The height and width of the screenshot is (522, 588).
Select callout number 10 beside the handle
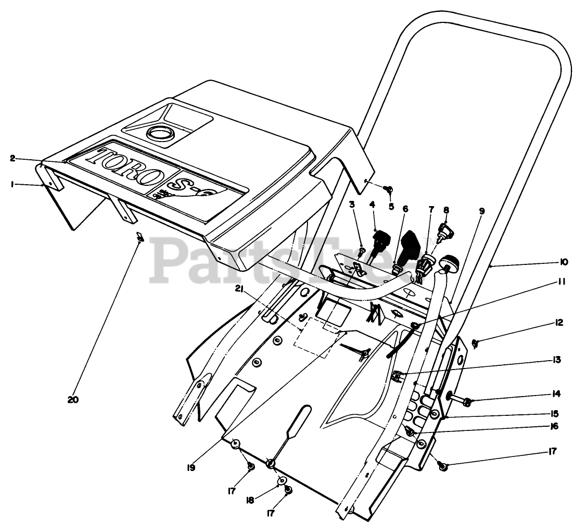pos(564,262)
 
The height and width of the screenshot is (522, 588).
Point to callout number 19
pos(191,467)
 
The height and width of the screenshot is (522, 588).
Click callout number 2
pos(12,158)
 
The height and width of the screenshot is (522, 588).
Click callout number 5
pos(391,206)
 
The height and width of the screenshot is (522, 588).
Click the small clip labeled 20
pos(139,236)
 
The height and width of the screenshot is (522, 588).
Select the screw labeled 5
pos(389,189)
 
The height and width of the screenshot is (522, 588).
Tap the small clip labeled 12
pos(475,342)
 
